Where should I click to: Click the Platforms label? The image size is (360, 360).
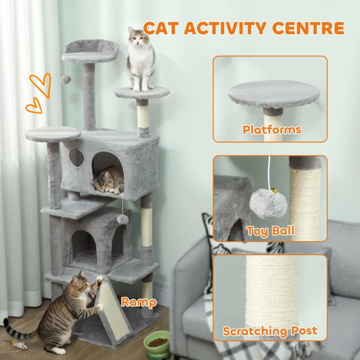pos(272,130)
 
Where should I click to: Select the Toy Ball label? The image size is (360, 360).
pos(270,231)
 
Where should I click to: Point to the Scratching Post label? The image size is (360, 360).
pos(270,331)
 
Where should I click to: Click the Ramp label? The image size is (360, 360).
pos(139,302)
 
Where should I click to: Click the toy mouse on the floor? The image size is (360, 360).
pos(19,345)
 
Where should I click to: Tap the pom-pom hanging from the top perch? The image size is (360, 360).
pos(66,80)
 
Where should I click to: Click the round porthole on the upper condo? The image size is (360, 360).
pos(76,157)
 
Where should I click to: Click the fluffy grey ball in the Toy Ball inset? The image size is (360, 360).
pos(268,203)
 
